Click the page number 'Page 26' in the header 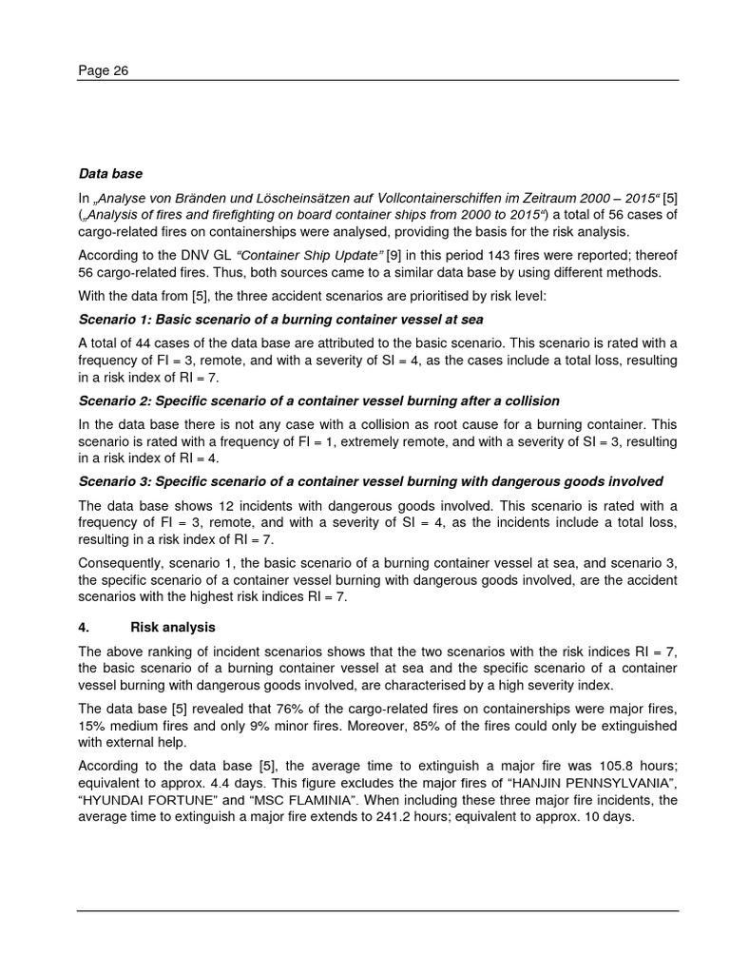pos(104,70)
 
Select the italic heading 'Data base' pos(110,174)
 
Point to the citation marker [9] pos(394,254)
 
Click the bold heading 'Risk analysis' pos(172,628)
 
